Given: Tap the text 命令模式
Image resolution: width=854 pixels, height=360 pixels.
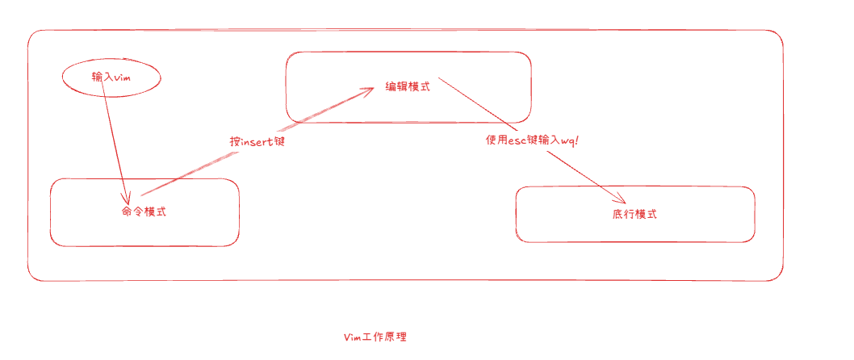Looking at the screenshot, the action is click(144, 211).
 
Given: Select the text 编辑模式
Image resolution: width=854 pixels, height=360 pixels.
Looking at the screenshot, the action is click(408, 86).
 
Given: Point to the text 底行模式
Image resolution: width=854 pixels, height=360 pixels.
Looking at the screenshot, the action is click(634, 215).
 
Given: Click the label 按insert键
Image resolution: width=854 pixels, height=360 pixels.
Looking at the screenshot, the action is click(257, 140).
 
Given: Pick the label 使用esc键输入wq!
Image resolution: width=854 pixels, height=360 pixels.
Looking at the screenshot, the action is click(532, 140).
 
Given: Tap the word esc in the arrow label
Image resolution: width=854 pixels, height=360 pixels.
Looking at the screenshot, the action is click(516, 140).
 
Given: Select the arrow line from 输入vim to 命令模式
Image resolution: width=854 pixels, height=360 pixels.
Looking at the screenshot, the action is click(115, 137).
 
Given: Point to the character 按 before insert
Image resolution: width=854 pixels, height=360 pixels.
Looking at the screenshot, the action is click(235, 140).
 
